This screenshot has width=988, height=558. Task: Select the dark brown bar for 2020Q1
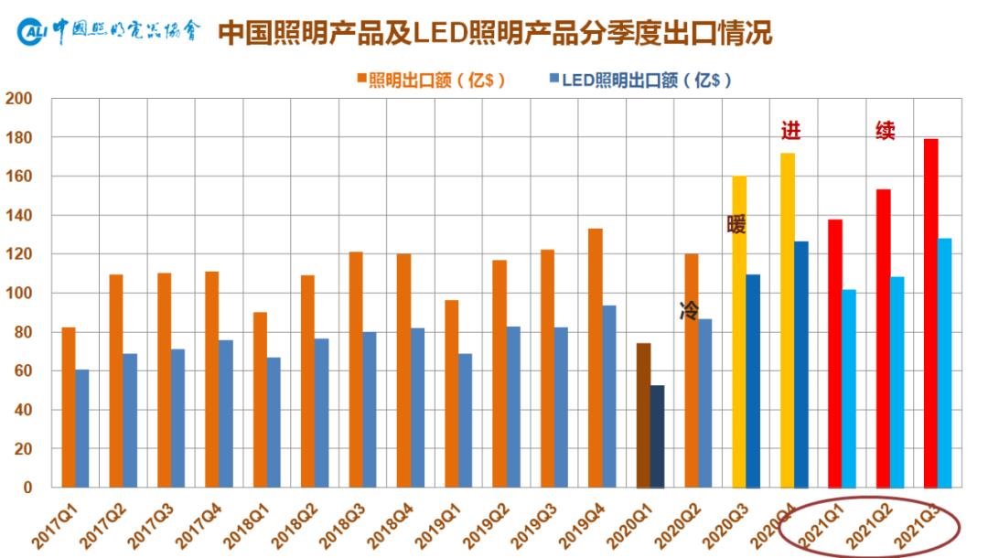pos(643,415)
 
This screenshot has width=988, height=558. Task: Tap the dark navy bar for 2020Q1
pos(658,436)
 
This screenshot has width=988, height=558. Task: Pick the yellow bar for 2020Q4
pos(788,320)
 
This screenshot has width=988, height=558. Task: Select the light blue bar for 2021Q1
pos(849,389)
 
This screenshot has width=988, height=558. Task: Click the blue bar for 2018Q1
pos(274,422)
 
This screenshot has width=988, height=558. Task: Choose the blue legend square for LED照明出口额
pos(553,79)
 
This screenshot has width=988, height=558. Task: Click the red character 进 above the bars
pos(790,131)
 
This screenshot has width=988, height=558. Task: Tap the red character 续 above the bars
pos(885,131)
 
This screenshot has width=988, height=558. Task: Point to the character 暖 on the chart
pos(736,224)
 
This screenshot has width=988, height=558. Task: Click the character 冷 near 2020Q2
pos(689,310)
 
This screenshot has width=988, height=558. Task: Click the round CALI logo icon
pos(32,33)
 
